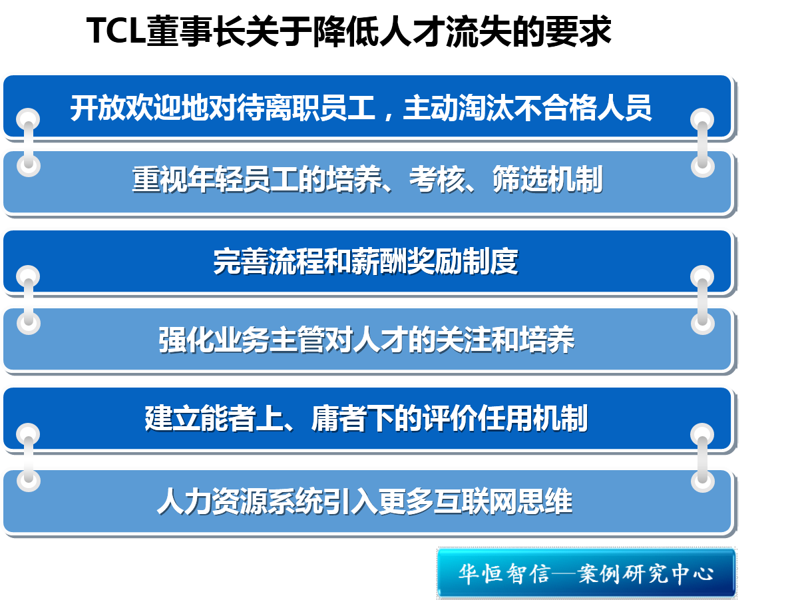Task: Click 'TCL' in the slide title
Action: [x=116, y=31]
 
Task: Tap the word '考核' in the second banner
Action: [x=437, y=179]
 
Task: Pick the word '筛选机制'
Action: [x=548, y=179]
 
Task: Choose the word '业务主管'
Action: [x=270, y=340]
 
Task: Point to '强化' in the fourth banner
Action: [x=186, y=340]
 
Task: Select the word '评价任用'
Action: [x=477, y=418]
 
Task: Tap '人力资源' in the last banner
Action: [x=213, y=501]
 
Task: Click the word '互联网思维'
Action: [x=503, y=501]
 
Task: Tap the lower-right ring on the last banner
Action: [x=702, y=480]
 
